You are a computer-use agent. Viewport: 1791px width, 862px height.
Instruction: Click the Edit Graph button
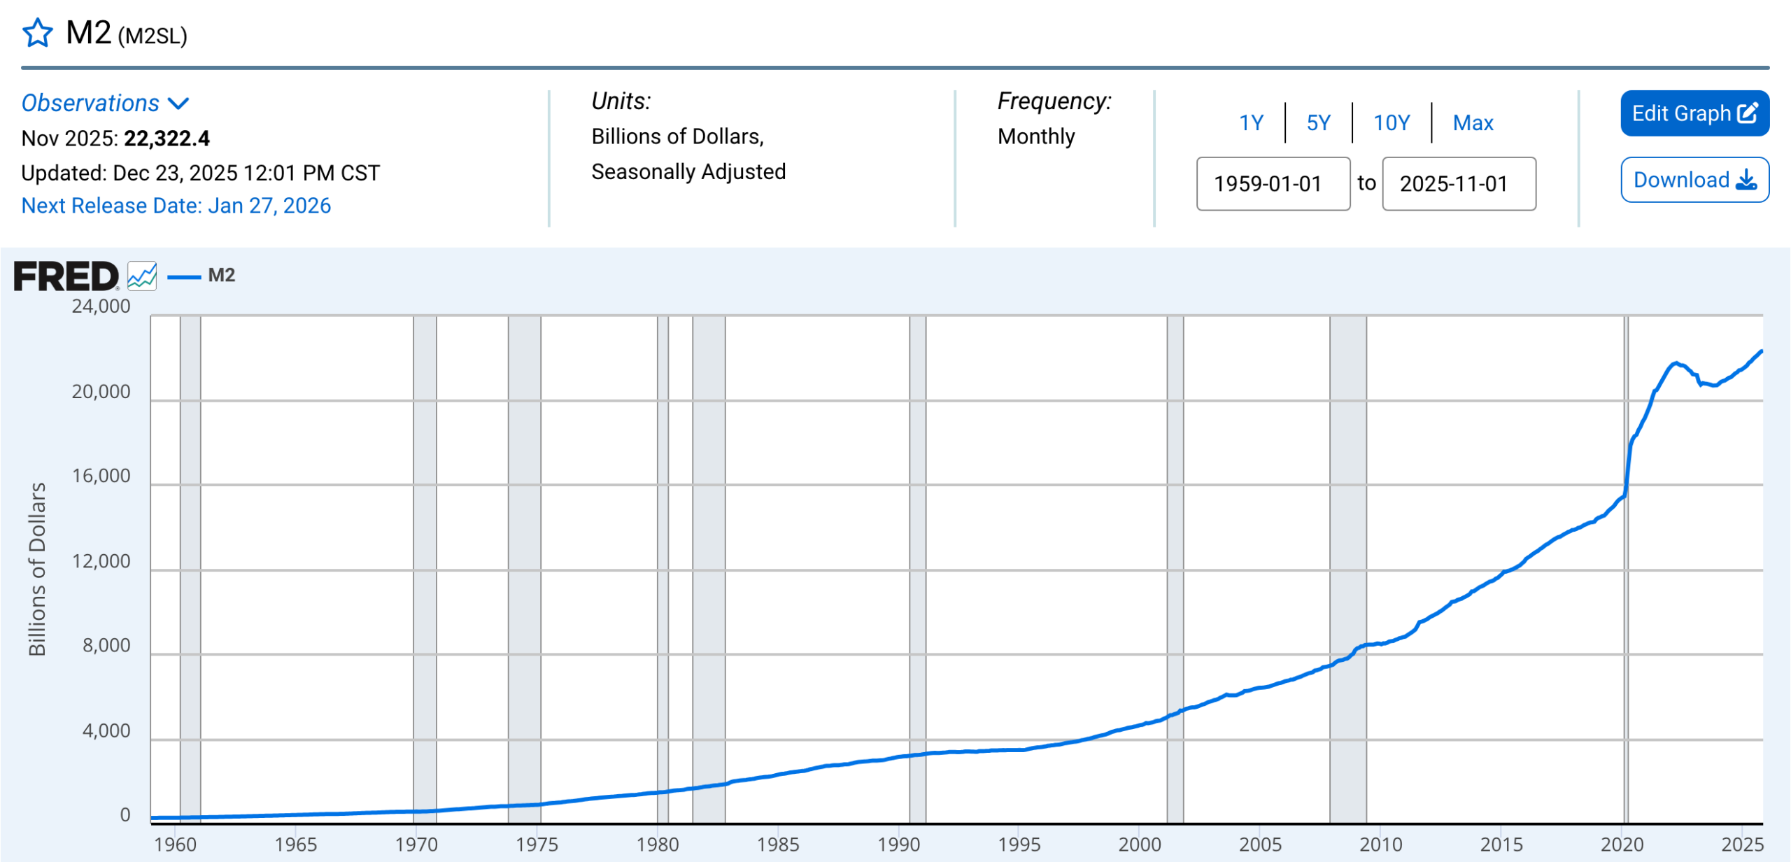coord(1694,113)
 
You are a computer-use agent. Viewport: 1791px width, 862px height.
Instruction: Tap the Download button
coord(1694,180)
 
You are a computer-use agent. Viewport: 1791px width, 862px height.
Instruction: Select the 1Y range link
coord(1251,123)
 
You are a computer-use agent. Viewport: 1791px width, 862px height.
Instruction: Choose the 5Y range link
coord(1318,123)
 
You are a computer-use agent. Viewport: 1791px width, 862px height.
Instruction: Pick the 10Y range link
coord(1392,123)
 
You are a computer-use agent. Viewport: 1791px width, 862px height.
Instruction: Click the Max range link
coord(1473,123)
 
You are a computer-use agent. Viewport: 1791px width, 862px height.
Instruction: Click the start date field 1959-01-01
coord(1273,183)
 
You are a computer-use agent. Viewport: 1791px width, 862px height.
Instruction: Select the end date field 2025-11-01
coord(1459,183)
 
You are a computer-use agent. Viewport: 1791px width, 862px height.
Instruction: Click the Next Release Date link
coord(176,206)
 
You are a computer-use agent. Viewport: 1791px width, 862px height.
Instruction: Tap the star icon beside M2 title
coord(38,33)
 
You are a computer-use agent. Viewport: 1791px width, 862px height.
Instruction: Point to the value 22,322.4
coord(167,139)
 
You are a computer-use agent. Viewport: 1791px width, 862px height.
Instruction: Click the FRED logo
coord(66,276)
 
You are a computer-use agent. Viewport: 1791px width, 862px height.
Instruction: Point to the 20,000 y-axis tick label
coord(101,392)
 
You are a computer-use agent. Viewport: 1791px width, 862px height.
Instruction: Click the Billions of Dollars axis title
coord(37,569)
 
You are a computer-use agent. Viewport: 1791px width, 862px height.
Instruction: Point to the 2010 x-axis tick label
coord(1381,845)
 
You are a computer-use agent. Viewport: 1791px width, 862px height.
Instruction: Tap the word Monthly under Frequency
coord(1036,136)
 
